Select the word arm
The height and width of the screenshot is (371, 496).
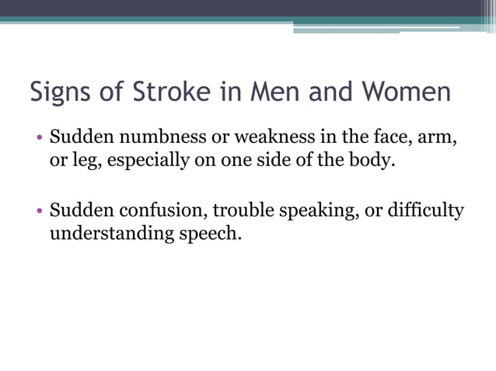pyautogui.click(x=438, y=140)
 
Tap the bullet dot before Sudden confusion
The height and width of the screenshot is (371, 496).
pyautogui.click(x=38, y=212)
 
